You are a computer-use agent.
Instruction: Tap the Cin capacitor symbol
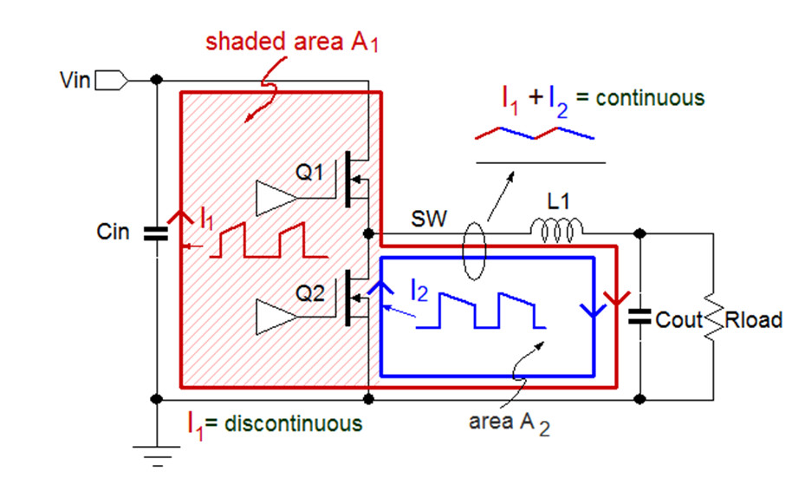[x=156, y=232]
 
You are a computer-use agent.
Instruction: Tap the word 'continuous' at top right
[x=658, y=97]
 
